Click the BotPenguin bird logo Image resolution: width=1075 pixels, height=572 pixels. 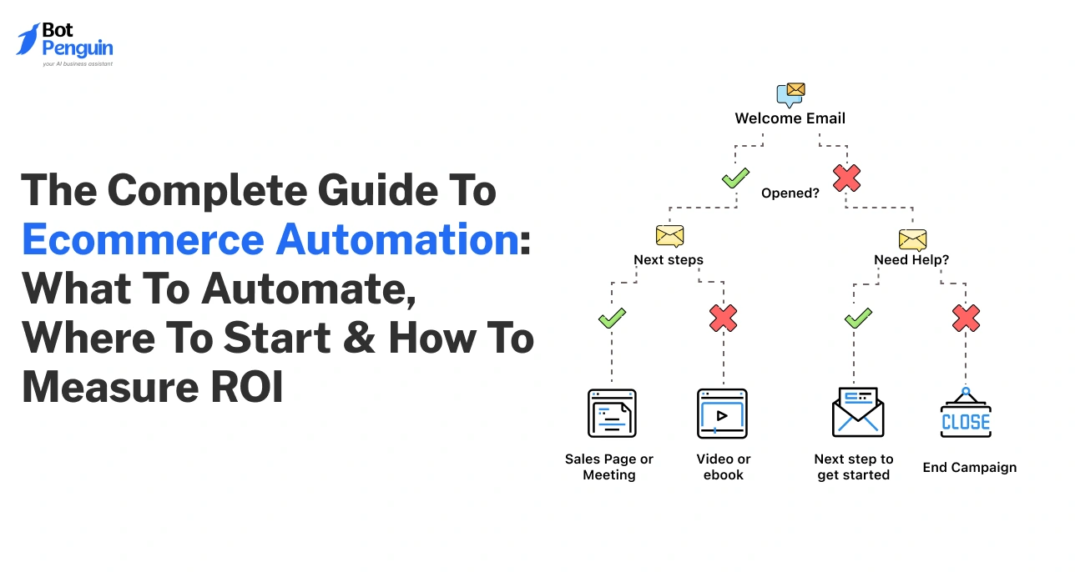28,40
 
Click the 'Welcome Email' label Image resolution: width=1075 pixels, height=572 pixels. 790,118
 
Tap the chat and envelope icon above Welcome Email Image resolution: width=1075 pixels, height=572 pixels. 790,94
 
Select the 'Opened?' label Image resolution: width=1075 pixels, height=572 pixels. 790,193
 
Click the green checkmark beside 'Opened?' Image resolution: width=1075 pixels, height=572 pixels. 735,178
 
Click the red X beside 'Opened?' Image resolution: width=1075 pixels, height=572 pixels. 846,178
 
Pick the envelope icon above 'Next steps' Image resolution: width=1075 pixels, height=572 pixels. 669,236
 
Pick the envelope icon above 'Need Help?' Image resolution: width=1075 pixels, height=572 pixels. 912,239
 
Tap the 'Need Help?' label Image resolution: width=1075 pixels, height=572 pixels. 911,259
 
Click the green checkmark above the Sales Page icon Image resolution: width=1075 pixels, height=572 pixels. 612,318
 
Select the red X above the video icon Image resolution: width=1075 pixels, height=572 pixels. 723,318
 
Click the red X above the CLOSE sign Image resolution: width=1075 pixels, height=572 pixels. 966,318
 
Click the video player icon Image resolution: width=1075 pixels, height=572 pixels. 722,414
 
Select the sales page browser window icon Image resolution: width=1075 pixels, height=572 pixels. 612,414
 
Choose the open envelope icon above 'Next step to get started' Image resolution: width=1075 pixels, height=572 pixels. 857,414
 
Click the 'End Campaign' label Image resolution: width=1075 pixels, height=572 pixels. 969,468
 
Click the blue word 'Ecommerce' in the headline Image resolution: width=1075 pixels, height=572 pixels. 142,239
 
